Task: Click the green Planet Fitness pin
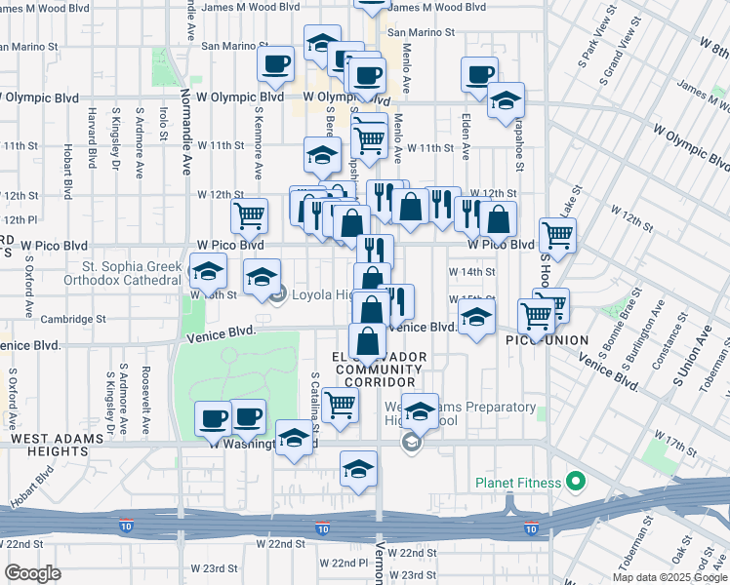[576, 482]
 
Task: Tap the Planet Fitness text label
[518, 483]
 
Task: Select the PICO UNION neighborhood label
[547, 340]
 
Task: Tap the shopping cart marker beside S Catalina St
[340, 403]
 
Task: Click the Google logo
[32, 572]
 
